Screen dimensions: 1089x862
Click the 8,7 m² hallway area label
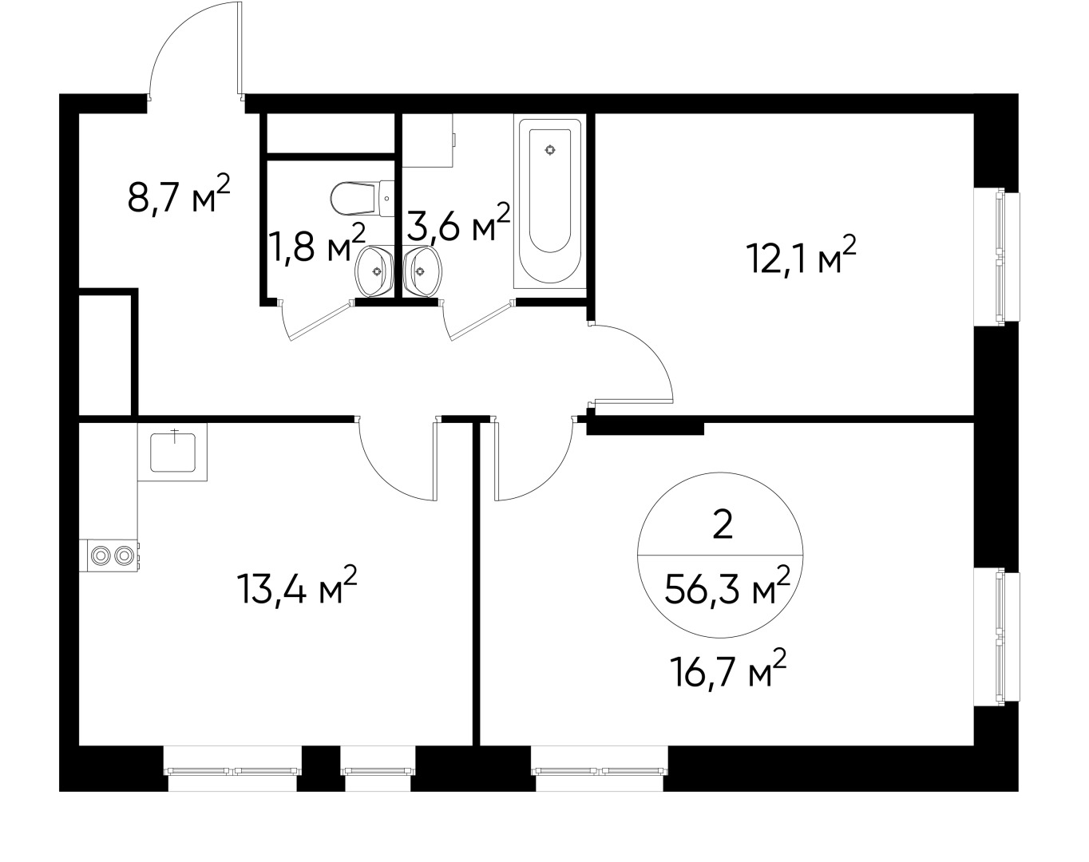coord(179,194)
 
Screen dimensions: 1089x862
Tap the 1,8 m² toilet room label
coord(317,243)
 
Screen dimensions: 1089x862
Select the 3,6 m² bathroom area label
coord(458,222)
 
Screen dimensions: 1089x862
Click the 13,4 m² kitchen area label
coord(298,585)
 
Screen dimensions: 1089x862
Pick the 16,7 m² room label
coord(728,669)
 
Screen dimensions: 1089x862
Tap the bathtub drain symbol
coord(550,150)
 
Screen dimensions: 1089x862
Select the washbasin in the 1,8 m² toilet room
coord(375,271)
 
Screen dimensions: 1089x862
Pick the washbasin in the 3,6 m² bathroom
coord(422,271)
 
